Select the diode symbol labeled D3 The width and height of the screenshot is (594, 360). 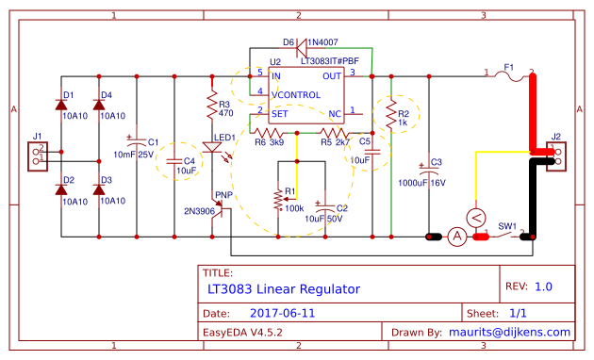[99, 190]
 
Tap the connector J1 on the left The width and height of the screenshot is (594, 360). [38, 155]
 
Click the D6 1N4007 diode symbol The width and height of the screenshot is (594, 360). [302, 43]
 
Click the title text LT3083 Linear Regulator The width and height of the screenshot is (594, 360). [284, 287]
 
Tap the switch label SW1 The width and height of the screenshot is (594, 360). [507, 226]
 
